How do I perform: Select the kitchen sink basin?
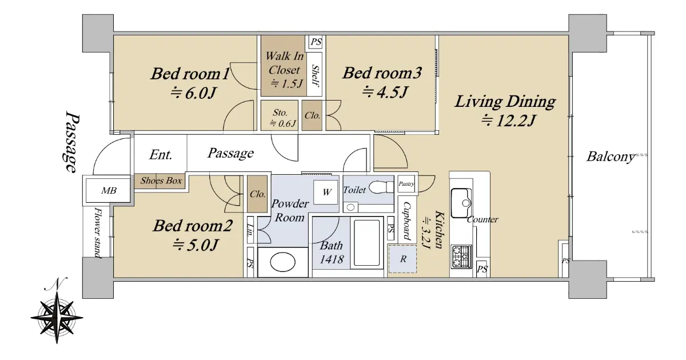[x=461, y=203]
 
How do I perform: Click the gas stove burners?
[x=461, y=257]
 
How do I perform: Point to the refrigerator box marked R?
[x=402, y=259]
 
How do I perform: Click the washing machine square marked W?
[x=325, y=192]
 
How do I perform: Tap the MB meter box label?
[x=109, y=191]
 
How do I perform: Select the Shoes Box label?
[x=161, y=181]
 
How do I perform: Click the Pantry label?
[x=406, y=183]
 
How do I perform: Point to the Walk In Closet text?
[x=285, y=63]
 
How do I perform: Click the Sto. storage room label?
[x=280, y=113]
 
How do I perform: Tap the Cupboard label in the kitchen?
[x=406, y=221]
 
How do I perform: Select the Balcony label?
[x=610, y=157]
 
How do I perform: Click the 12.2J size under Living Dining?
[x=508, y=120]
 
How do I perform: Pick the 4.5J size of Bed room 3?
[x=385, y=91]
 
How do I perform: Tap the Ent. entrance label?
[x=161, y=155]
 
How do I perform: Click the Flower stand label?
[x=98, y=233]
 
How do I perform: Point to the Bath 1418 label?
[x=332, y=253]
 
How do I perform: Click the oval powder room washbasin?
[x=282, y=262]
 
